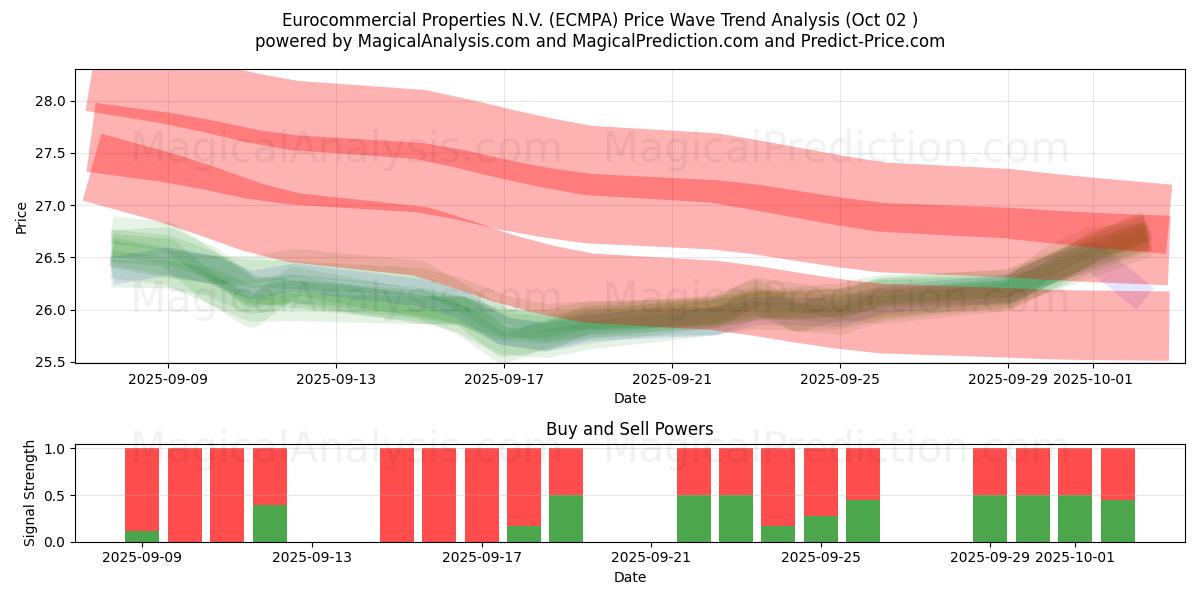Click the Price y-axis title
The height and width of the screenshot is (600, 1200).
[22, 217]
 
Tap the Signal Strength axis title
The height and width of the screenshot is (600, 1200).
[30, 493]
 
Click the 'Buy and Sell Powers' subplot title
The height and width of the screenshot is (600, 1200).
[629, 429]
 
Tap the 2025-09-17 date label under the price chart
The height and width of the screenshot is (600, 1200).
[504, 379]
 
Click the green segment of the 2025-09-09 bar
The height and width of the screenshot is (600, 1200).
[142, 536]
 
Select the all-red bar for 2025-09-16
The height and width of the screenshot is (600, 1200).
[439, 495]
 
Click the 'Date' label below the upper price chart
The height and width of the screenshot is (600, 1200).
[629, 398]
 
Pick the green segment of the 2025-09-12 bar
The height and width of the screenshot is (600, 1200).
[270, 523]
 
